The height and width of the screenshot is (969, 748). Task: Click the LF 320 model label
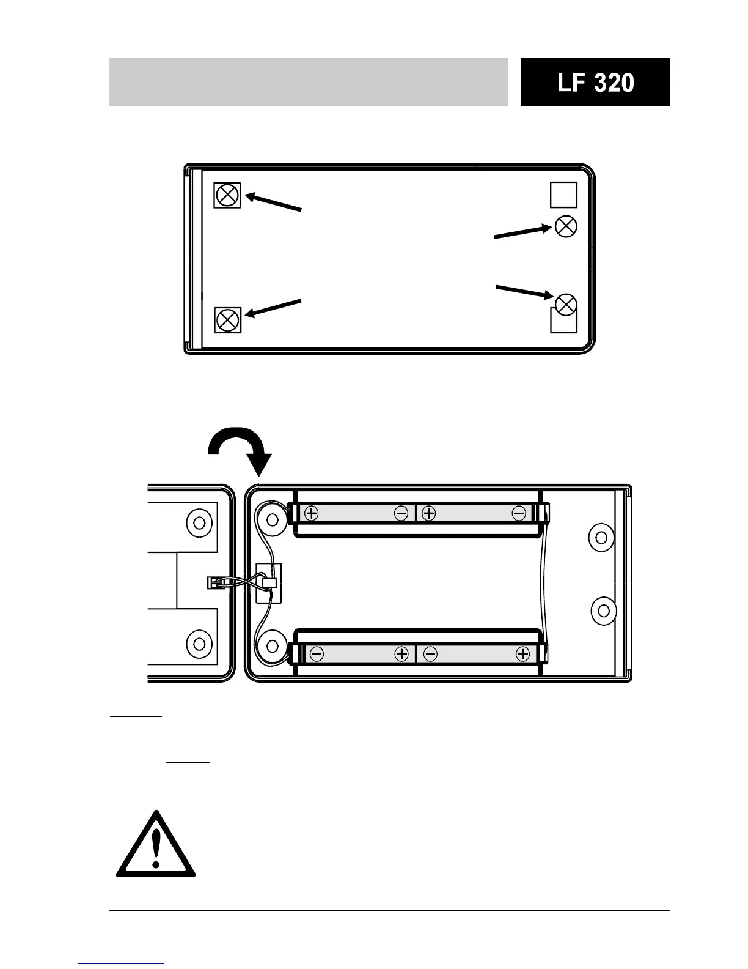click(595, 83)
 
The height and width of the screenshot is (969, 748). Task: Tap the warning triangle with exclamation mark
click(156, 844)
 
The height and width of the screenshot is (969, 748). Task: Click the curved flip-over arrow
click(241, 450)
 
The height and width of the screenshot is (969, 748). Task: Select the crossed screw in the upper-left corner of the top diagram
click(228, 195)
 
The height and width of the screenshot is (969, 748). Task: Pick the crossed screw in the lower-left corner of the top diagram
click(228, 320)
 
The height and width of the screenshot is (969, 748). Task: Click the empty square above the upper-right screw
click(563, 195)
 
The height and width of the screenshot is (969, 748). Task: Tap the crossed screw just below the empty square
click(566, 226)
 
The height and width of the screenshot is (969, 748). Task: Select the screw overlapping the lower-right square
click(566, 304)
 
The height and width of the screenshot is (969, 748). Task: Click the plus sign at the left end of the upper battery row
click(312, 513)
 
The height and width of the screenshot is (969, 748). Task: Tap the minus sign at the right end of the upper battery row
click(519, 513)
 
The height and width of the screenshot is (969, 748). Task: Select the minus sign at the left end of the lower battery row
click(317, 654)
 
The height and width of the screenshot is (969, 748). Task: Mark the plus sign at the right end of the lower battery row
click(522, 654)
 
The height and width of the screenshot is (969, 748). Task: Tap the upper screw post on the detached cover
click(199, 522)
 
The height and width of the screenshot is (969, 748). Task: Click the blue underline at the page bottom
click(122, 963)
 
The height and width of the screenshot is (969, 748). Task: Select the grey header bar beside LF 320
click(309, 83)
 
